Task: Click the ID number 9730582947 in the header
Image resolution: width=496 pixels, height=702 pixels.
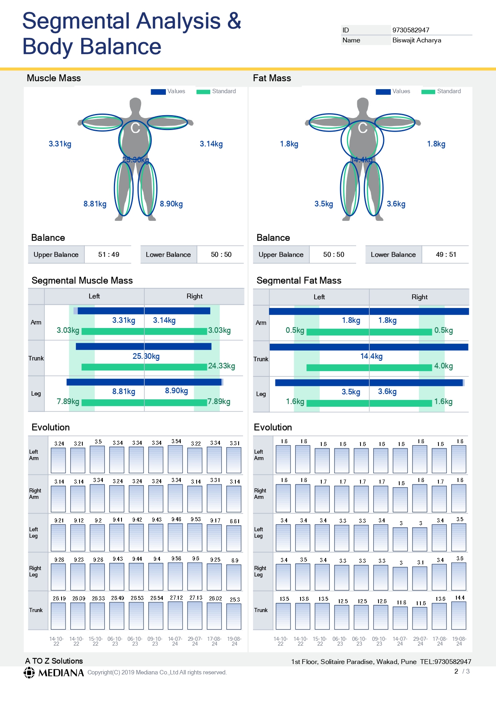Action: (x=410, y=30)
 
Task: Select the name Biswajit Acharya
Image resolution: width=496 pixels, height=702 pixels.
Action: (x=417, y=40)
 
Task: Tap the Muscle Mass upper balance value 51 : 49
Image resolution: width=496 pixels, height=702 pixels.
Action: (x=109, y=254)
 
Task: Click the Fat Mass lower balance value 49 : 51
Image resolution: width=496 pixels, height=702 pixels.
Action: (x=446, y=254)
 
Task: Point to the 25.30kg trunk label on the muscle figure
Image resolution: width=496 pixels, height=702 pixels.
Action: (x=136, y=160)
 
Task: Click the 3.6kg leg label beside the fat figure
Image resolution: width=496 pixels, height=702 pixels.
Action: (x=396, y=204)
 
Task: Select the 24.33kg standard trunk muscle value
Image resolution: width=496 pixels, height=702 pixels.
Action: (x=221, y=366)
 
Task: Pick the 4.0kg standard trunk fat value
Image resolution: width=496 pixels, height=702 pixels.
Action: (x=444, y=366)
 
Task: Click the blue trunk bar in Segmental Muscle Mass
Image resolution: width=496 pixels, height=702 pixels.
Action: (x=143, y=346)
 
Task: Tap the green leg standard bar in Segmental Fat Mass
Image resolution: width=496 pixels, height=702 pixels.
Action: (x=369, y=403)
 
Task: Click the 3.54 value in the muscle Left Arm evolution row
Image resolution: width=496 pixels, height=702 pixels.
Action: (x=176, y=441)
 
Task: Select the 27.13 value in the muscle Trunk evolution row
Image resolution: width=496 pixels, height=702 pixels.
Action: (x=196, y=598)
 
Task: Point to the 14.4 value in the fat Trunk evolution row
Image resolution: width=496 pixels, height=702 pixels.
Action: (x=460, y=598)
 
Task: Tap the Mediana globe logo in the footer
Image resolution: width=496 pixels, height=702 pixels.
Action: (x=29, y=673)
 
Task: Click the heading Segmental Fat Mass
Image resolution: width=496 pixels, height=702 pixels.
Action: (x=299, y=280)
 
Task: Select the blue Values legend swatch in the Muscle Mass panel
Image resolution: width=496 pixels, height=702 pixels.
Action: (x=158, y=92)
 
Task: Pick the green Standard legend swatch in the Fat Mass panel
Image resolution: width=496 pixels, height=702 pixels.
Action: (x=429, y=92)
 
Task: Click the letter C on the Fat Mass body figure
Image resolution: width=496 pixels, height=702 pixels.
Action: (x=363, y=128)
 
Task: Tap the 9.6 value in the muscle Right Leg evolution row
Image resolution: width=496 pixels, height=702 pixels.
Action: (x=196, y=559)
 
